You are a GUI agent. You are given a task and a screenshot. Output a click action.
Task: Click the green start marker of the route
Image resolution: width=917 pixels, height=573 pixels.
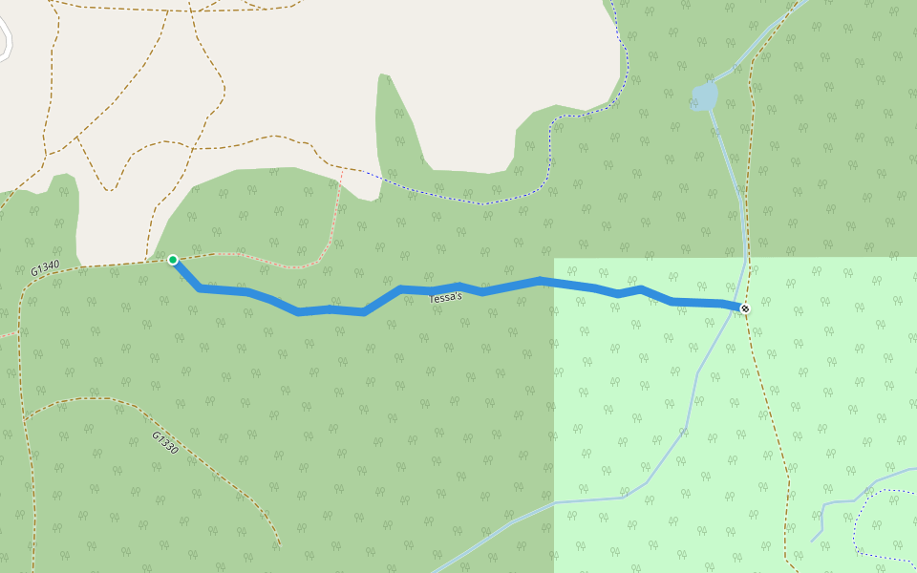(x=173, y=260)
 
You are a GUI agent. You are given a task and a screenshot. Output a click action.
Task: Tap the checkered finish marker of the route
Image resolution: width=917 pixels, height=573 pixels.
(x=744, y=308)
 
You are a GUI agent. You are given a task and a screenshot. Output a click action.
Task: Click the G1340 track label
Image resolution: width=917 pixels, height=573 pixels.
(x=45, y=269)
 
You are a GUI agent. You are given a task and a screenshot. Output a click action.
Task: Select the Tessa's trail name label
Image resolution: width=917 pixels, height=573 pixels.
(x=445, y=298)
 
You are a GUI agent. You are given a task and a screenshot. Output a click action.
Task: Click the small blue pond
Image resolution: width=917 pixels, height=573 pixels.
(x=704, y=96)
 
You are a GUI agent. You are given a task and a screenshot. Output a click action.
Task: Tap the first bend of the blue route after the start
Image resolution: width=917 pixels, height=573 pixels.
(x=199, y=287)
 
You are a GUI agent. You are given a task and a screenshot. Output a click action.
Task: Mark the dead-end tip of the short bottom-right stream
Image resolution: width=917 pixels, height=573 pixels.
(x=813, y=541)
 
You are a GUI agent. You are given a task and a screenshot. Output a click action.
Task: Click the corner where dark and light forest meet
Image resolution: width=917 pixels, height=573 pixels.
(x=555, y=259)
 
